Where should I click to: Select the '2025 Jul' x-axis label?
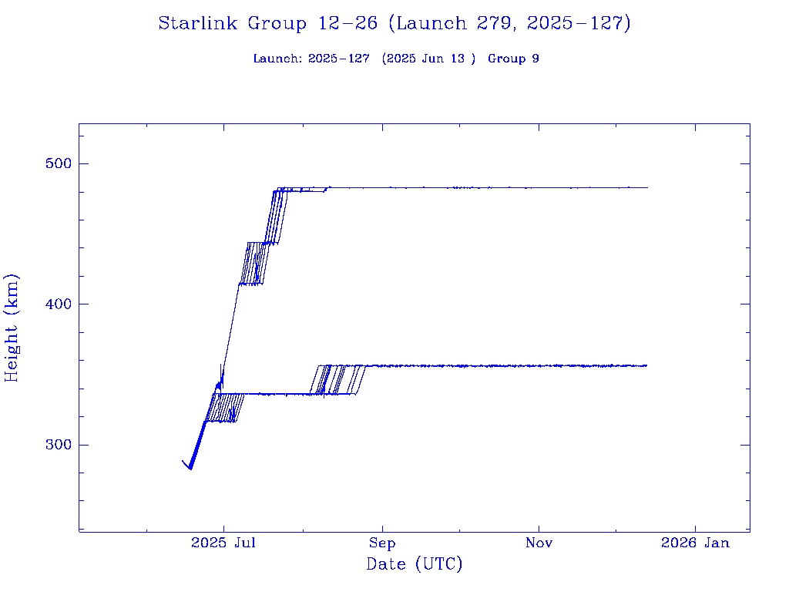[x=223, y=543]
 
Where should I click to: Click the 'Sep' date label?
[x=381, y=543]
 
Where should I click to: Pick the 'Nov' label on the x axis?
[x=539, y=543]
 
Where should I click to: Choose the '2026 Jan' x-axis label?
[x=696, y=543]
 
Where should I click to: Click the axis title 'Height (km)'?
[x=12, y=328]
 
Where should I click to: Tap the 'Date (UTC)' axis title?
[x=415, y=565]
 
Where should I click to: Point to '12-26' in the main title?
[x=347, y=24]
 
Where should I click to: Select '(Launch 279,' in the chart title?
[x=453, y=24]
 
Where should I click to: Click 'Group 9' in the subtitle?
[x=513, y=59]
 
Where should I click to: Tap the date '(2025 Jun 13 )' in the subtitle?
[x=428, y=59]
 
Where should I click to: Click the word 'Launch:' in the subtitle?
[x=277, y=59]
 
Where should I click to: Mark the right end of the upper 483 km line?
[x=647, y=187]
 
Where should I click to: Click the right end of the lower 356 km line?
[x=646, y=365]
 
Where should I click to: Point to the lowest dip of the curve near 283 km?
[x=190, y=468]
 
